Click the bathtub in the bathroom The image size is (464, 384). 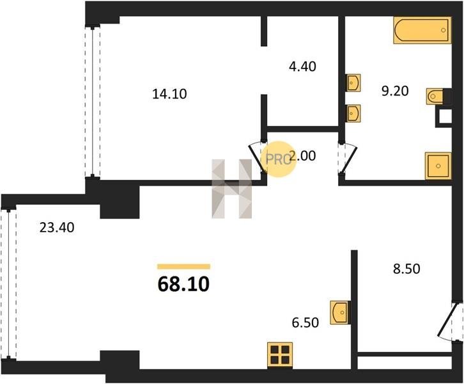pos(422,30)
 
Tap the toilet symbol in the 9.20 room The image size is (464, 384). pos(435,96)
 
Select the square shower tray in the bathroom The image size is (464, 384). pos(438,166)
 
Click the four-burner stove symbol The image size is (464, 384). pos(280,355)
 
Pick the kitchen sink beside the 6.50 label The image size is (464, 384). pos(340,312)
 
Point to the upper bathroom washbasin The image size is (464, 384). pos(353,83)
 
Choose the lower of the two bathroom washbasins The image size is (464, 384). pos(353,113)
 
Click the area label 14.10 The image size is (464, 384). pos(169,94)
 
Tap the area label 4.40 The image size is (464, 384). pos(302,67)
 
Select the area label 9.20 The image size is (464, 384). pos(395,91)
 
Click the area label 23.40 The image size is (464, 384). pos(57,228)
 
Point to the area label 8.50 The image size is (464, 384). pos(406,269)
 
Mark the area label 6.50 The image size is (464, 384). pos(305,323)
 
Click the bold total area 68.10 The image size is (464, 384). pos(184,284)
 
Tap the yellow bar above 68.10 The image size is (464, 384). pos(184,267)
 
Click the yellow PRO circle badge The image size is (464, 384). pos(278,159)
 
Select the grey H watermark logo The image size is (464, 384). pos(232,189)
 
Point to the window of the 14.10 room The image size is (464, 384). pos(93,102)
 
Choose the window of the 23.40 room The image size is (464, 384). pos(8,284)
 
